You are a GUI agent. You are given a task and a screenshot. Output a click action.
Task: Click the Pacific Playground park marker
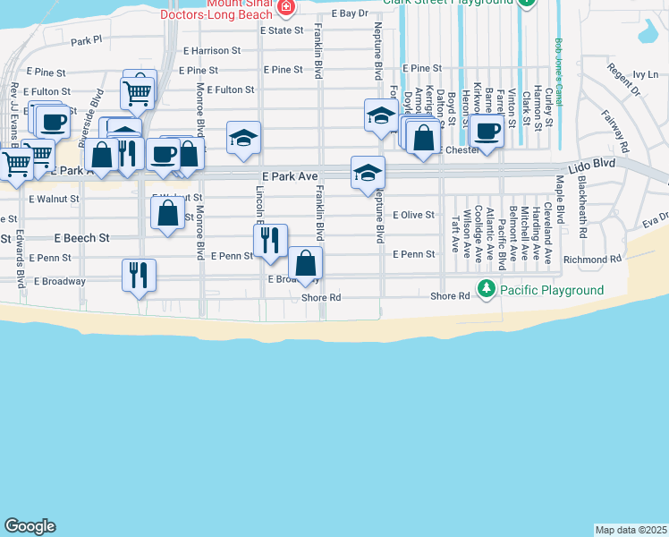(x=486, y=290)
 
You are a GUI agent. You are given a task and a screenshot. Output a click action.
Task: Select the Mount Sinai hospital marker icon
(x=285, y=8)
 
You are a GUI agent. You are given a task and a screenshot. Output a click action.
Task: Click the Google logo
(x=30, y=526)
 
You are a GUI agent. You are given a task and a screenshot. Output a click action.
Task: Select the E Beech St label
(x=81, y=239)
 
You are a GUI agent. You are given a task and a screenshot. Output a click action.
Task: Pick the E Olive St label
(x=413, y=215)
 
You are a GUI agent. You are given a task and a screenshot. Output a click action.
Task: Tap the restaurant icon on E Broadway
(x=139, y=274)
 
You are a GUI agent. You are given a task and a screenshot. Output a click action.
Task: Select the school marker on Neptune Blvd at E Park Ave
(x=368, y=172)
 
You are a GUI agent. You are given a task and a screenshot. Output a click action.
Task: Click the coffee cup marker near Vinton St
(x=487, y=130)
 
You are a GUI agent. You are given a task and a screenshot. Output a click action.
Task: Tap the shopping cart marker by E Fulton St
(x=138, y=91)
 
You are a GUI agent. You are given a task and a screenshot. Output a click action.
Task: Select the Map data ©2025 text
(x=631, y=530)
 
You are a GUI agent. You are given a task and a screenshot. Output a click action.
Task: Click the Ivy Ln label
(x=645, y=75)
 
